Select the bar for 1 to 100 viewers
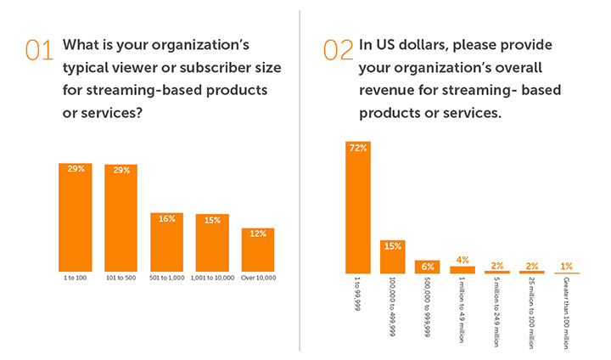76,216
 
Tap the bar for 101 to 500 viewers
121,217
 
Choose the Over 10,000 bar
257,248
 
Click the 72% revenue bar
358,207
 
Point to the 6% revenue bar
427,267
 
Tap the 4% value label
462,260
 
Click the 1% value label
566,265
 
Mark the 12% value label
257,233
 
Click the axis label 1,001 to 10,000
212,278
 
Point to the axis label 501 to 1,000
166,278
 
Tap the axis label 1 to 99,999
357,294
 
